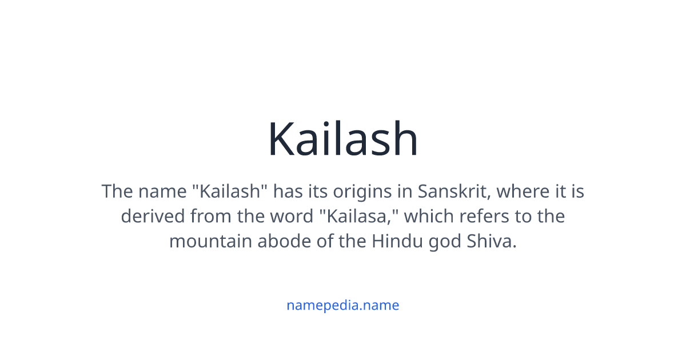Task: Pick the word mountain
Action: click(x=210, y=241)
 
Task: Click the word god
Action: click(x=444, y=241)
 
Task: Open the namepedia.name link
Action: click(x=343, y=305)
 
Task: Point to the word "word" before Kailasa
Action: click(x=286, y=217)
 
